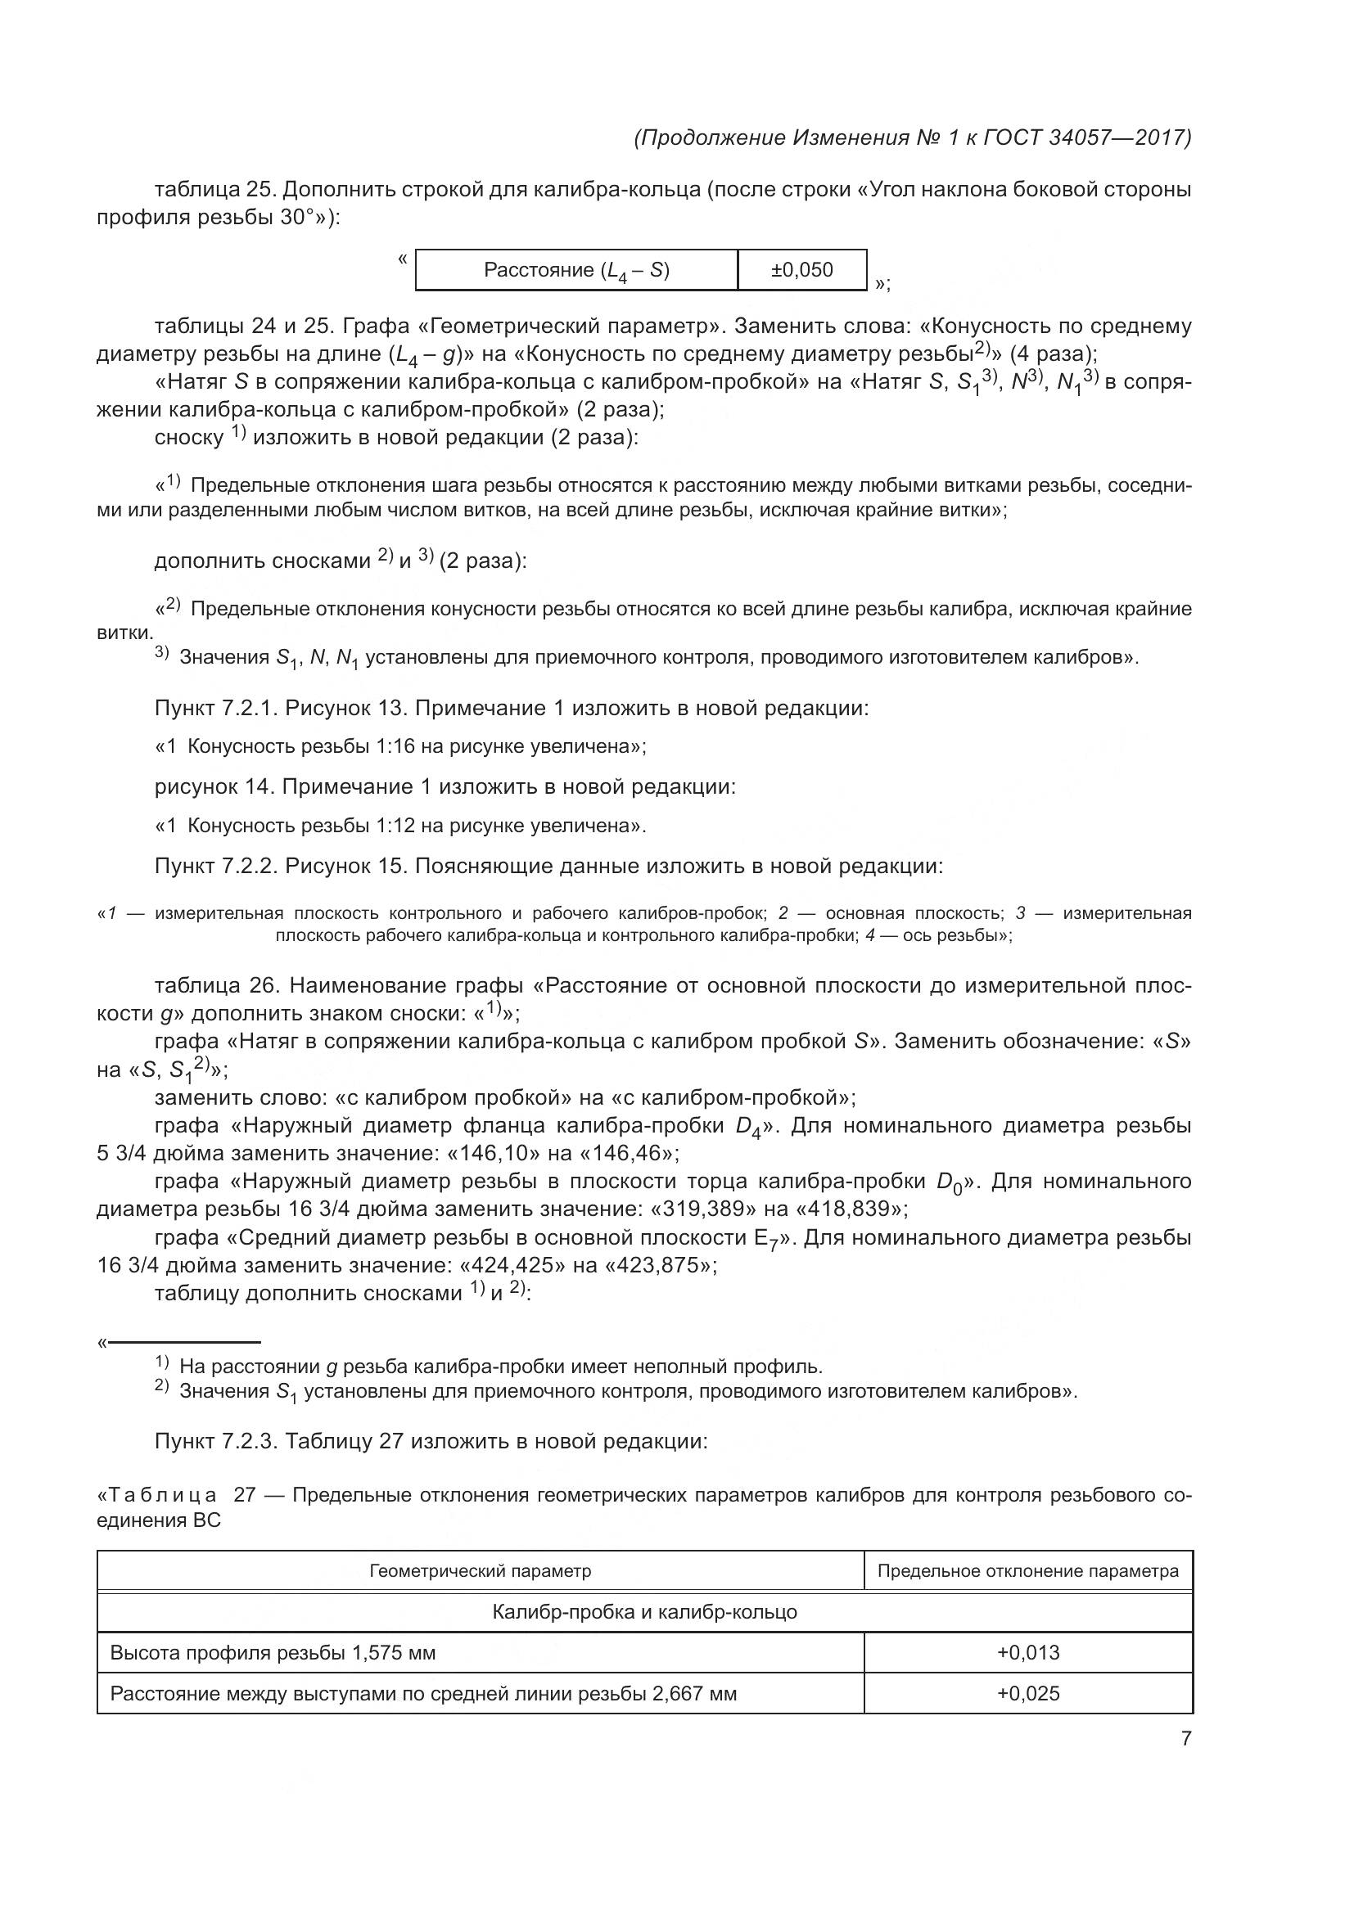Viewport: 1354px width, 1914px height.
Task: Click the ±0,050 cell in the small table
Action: pyautogui.click(x=801, y=269)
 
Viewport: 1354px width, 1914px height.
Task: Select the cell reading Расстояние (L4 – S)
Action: pyautogui.click(x=576, y=270)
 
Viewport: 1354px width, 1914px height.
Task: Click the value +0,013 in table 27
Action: pyautogui.click(x=1027, y=1652)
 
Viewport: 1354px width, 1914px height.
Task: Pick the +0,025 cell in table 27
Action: pyautogui.click(x=1027, y=1693)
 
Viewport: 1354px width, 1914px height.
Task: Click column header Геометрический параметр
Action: pyautogui.click(x=481, y=1570)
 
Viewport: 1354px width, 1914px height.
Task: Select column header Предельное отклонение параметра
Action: pyautogui.click(x=1027, y=1570)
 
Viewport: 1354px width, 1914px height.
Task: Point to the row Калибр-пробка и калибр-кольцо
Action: pyautogui.click(x=643, y=1611)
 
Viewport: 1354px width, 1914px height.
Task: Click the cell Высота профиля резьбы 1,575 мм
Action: pyautogui.click(x=273, y=1652)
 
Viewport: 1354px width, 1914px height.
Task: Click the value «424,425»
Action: pyautogui.click(x=508, y=1264)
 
